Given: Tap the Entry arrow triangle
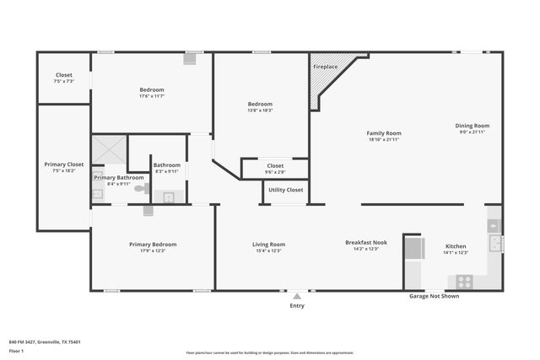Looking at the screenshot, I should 297,296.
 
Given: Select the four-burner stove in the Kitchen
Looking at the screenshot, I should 464,282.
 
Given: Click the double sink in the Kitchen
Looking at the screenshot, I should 496,244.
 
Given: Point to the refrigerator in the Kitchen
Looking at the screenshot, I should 415,249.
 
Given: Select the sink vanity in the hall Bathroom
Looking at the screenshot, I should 169,197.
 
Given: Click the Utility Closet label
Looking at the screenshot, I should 286,190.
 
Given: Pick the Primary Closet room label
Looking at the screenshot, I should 64,164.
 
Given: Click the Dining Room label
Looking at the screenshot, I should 473,126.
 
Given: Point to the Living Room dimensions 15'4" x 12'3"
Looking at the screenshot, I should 268,250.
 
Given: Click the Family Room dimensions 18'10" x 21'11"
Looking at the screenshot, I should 383,139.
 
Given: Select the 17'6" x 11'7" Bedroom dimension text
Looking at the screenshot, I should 152,96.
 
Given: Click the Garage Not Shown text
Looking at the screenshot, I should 434,297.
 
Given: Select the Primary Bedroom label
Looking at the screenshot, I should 153,244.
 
